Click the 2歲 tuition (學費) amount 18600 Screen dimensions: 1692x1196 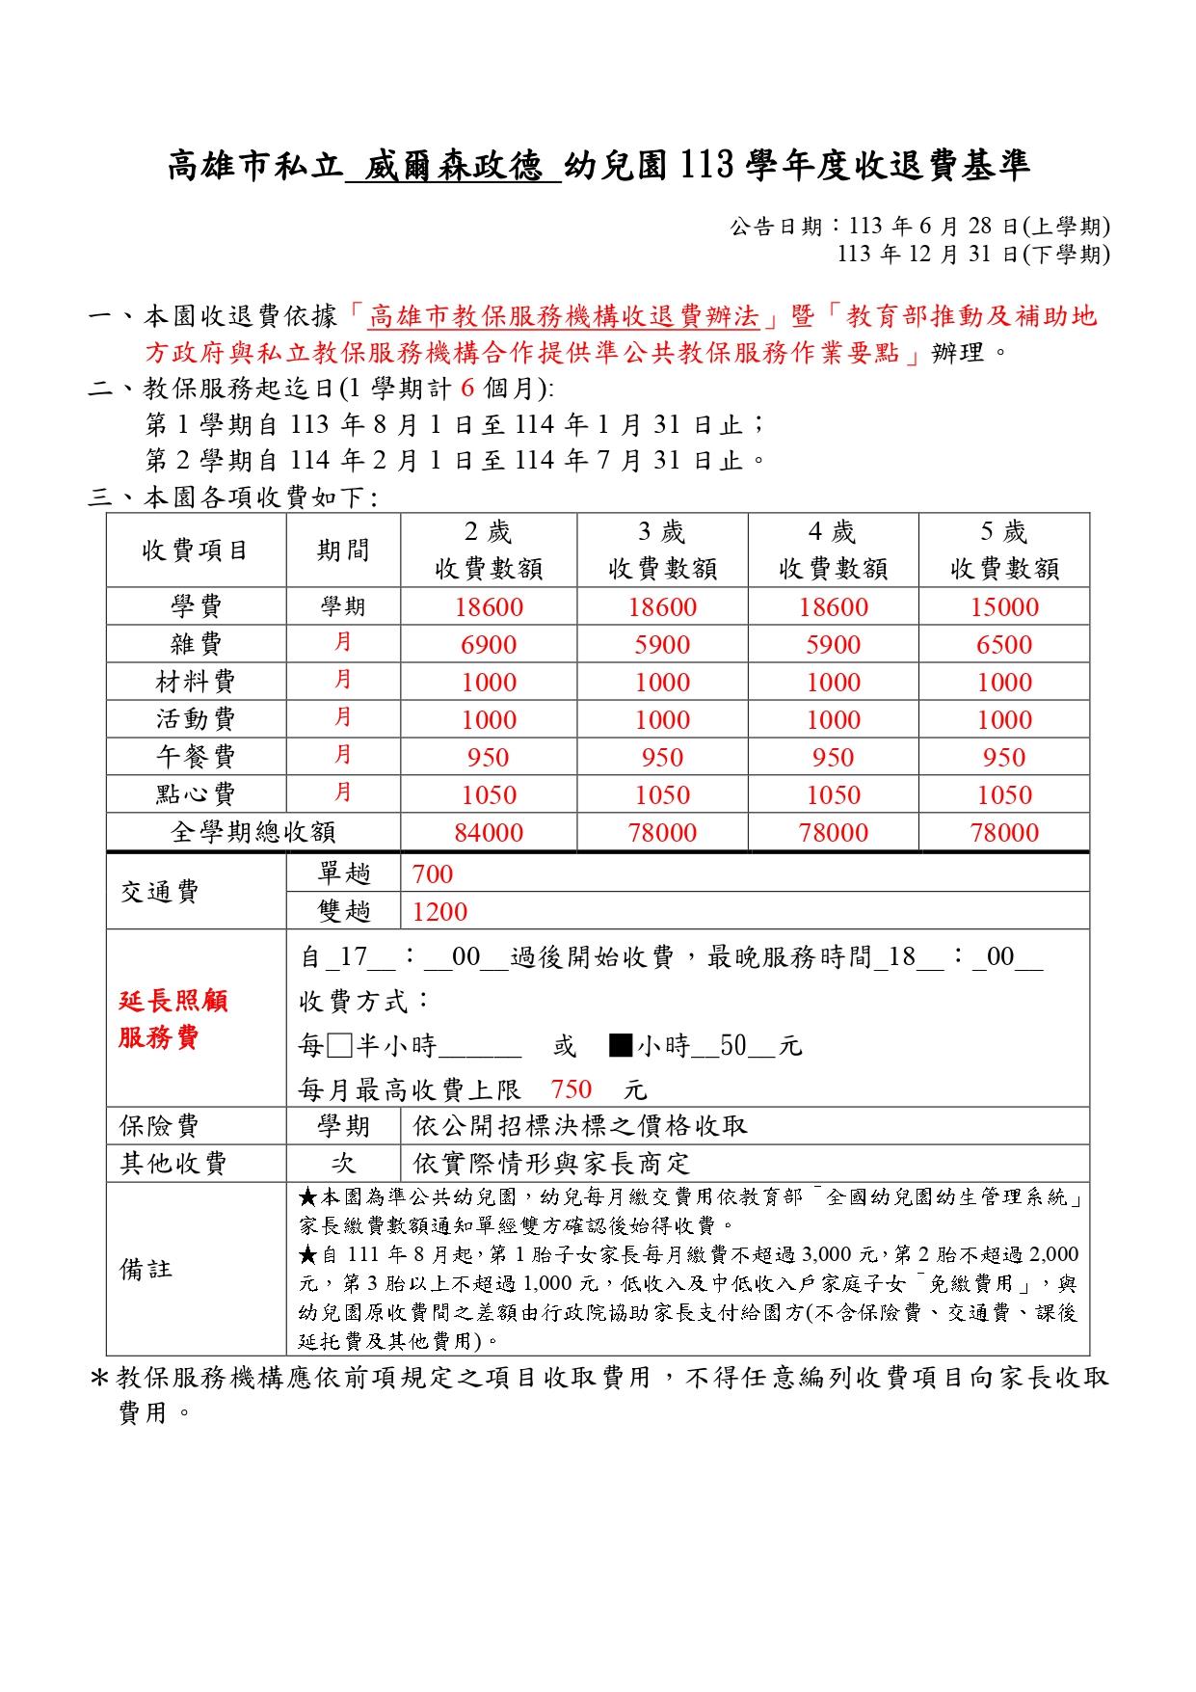point(489,607)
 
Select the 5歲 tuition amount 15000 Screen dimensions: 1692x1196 point(1004,607)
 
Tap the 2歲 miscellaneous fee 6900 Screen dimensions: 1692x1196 point(489,645)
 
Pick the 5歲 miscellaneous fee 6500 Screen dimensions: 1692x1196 point(1004,645)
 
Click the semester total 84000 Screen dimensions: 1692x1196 point(489,833)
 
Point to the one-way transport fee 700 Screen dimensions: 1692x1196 point(432,874)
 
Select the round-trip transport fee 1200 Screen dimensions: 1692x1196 point(439,912)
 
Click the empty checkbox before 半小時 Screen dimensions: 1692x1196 point(339,1046)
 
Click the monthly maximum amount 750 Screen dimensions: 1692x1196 point(571,1089)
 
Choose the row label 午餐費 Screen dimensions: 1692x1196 point(196,757)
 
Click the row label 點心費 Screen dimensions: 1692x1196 point(196,794)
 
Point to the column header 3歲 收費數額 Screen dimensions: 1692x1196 point(662,551)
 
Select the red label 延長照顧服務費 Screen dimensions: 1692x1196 point(173,1019)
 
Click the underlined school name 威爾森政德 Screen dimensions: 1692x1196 point(452,166)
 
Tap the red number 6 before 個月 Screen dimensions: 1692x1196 point(468,389)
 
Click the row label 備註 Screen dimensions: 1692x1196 point(146,1269)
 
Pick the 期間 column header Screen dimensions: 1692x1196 point(343,551)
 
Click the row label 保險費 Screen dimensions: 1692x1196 point(159,1126)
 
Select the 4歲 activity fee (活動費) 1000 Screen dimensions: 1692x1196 point(833,720)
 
